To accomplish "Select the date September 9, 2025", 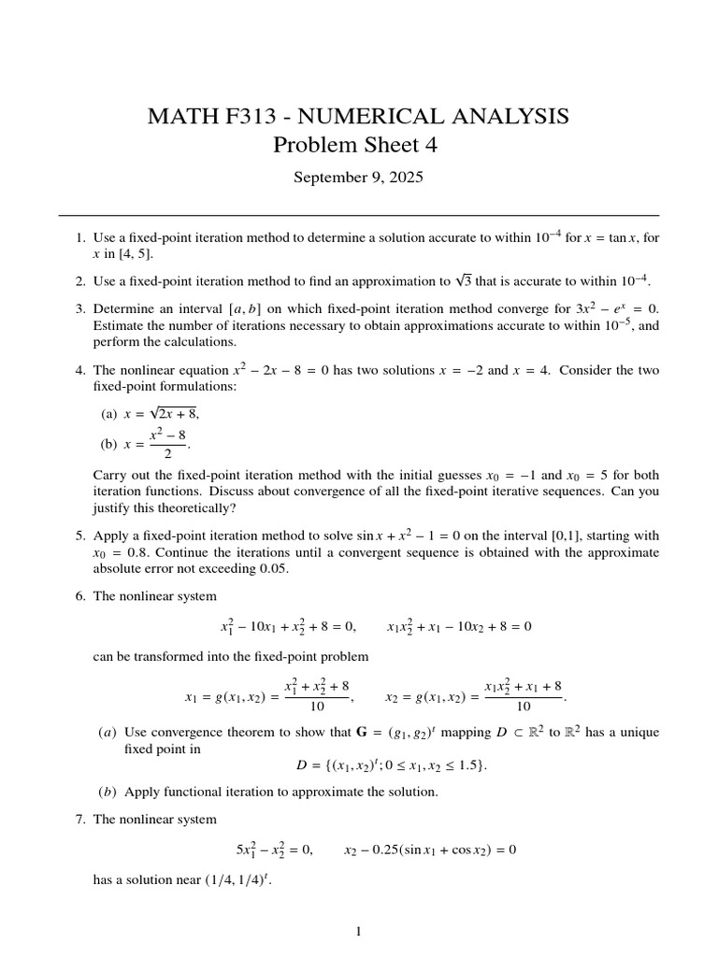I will (x=358, y=178).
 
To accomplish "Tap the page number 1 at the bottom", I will (x=359, y=931).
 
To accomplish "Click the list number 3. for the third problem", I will (x=80, y=308).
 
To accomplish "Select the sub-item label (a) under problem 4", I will (x=109, y=412).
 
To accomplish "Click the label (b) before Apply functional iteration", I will (x=107, y=792).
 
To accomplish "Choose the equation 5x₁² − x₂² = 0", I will (x=274, y=850).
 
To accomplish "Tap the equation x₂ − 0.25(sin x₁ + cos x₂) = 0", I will (x=430, y=850).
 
